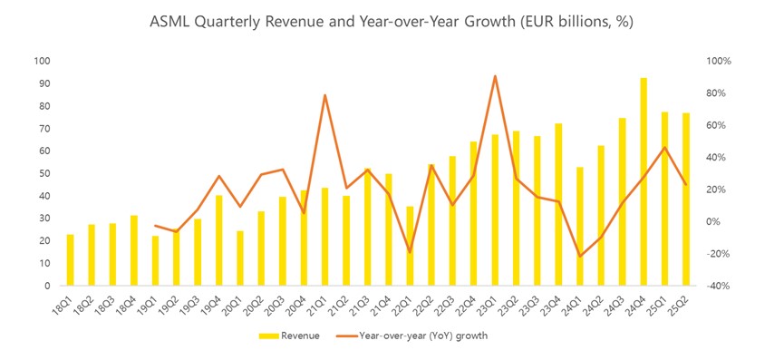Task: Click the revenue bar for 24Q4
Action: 644,182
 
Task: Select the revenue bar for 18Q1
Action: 71,260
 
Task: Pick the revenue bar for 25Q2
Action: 686,199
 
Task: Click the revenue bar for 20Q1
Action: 240,258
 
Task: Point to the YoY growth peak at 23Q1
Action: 495,76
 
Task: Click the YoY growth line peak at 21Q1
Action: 324,95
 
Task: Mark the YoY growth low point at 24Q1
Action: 580,256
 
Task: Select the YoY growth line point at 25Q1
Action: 664,148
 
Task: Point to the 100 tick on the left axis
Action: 42,62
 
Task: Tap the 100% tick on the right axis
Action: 719,62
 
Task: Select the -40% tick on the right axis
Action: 719,286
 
